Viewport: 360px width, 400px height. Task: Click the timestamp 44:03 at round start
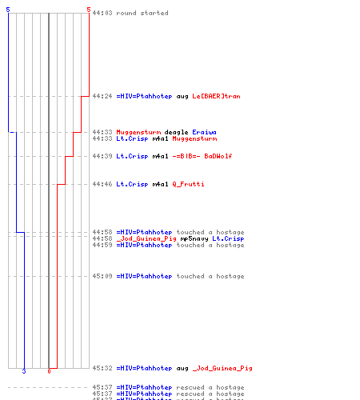(102, 13)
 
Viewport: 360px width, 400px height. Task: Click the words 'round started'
(142, 13)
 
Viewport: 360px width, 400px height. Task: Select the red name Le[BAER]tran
(216, 96)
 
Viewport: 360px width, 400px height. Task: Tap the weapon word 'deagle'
(176, 132)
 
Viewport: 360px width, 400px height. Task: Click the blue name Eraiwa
(204, 132)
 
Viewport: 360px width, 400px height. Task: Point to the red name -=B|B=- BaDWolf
(202, 156)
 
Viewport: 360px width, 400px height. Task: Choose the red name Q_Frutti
(188, 184)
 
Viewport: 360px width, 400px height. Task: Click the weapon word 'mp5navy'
(194, 238)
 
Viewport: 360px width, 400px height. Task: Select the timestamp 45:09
(102, 276)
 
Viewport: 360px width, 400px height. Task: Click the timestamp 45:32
(102, 368)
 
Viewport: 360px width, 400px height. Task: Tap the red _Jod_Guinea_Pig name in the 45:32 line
(222, 369)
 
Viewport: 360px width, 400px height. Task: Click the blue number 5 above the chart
(8, 10)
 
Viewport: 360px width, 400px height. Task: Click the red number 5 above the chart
(89, 10)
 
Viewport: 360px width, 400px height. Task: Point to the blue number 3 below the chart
(24, 371)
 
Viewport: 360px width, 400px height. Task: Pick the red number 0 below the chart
(49, 371)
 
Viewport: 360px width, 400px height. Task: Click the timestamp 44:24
(102, 96)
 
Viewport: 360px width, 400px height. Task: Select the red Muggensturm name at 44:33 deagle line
(138, 132)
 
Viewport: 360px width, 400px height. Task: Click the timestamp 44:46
(102, 184)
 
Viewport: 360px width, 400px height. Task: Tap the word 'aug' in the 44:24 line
(182, 97)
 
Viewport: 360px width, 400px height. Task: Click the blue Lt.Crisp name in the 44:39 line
(132, 156)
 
